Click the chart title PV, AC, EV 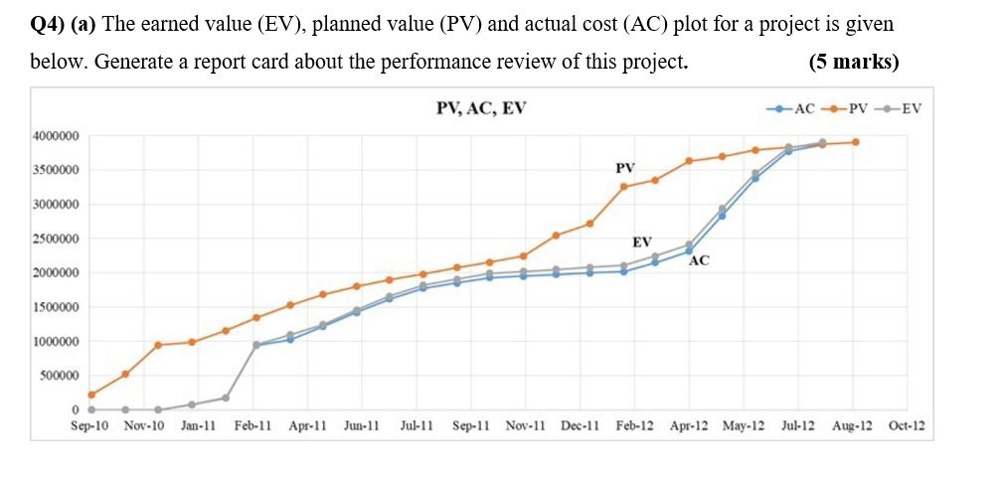click(x=481, y=108)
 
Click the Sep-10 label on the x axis click(x=90, y=425)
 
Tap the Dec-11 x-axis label click(x=580, y=425)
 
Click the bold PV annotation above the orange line click(x=625, y=168)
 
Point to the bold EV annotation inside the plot click(x=642, y=241)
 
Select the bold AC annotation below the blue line click(x=699, y=261)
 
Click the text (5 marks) click(x=854, y=62)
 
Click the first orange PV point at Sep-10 click(x=91, y=395)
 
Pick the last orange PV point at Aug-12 click(x=855, y=142)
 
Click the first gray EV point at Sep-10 click(x=91, y=409)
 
